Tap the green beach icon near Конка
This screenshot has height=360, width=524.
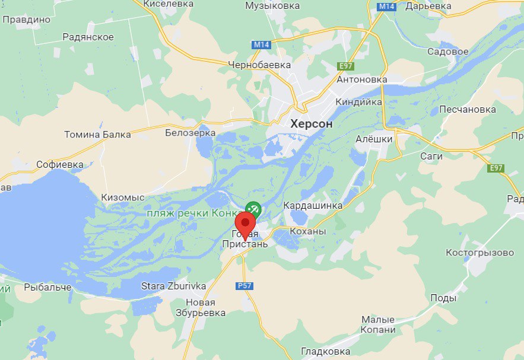pyautogui.click(x=253, y=209)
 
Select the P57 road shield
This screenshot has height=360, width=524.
pyautogui.click(x=244, y=286)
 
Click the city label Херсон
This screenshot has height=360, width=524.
pyautogui.click(x=312, y=124)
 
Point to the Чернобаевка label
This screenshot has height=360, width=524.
pyautogui.click(x=260, y=64)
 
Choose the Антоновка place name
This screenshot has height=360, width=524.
pyautogui.click(x=361, y=79)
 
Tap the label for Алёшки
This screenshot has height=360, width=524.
pyautogui.click(x=374, y=139)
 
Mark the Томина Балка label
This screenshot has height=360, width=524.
pyautogui.click(x=97, y=134)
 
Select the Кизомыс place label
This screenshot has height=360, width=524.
pyautogui.click(x=123, y=197)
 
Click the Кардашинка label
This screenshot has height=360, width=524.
pyautogui.click(x=313, y=205)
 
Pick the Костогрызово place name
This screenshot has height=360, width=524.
pyautogui.click(x=479, y=253)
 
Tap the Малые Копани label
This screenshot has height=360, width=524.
pyautogui.click(x=378, y=324)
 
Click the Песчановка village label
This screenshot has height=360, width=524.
pyautogui.click(x=468, y=110)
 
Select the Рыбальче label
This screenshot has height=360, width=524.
pyautogui.click(x=48, y=287)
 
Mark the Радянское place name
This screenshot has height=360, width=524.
pyautogui.click(x=88, y=37)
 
